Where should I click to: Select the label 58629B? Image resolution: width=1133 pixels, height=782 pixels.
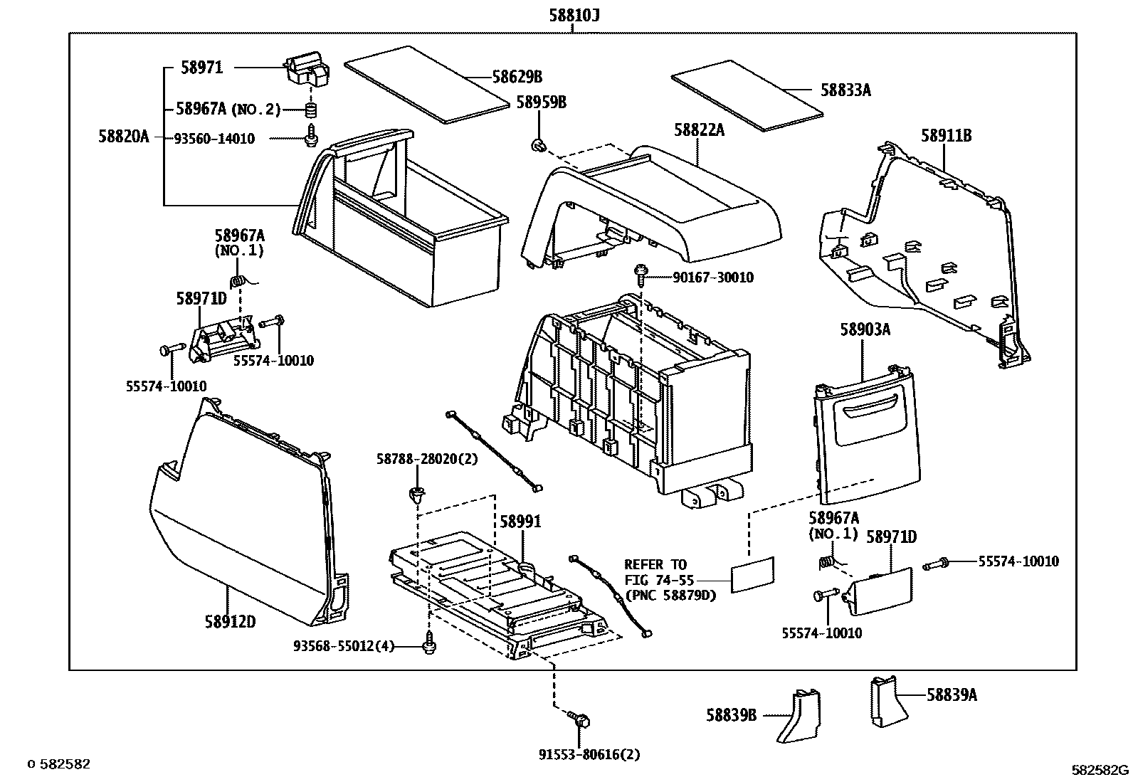coord(517,77)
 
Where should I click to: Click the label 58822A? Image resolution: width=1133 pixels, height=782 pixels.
coord(699,130)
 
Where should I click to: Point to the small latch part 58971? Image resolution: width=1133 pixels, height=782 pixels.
coord(308,70)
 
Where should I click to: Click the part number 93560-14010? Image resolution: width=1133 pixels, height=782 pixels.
coord(214,139)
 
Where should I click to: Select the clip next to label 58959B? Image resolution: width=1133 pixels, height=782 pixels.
coord(539,147)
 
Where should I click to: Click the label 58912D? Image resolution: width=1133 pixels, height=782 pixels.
coord(230,622)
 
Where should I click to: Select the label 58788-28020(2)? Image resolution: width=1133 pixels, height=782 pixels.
coord(427,459)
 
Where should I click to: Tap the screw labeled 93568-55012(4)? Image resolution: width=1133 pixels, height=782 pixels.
coord(429,645)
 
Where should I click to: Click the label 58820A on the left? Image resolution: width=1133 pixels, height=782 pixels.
coord(124,137)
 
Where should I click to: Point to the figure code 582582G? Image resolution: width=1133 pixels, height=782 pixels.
coord(1100,769)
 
